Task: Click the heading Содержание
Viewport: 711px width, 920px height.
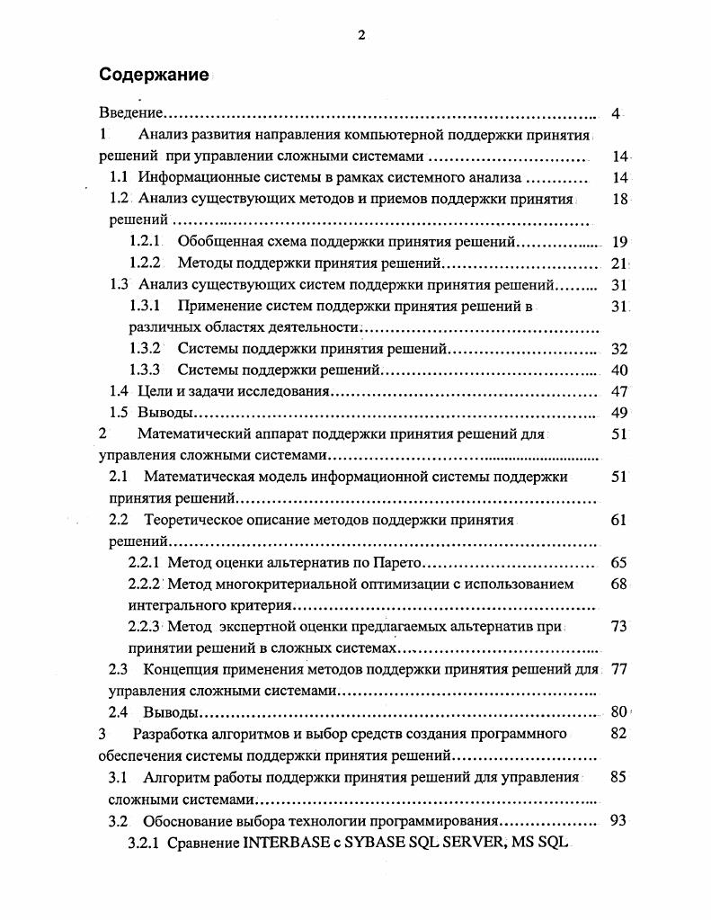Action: coord(154,75)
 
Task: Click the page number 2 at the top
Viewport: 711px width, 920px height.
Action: coord(360,35)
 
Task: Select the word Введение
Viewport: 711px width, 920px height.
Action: coord(130,113)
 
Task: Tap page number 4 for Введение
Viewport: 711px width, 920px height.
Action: coord(616,113)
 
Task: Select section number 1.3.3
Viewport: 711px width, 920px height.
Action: coord(145,370)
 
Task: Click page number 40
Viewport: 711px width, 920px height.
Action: coord(618,370)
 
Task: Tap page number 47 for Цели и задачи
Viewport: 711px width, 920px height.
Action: coord(618,391)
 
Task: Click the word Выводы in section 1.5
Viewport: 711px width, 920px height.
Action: coord(165,413)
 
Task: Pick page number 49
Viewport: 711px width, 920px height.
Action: coord(618,413)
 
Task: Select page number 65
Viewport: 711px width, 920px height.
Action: coord(618,563)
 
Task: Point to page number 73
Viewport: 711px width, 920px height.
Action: coord(618,627)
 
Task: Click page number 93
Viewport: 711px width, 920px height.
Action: coord(618,821)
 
